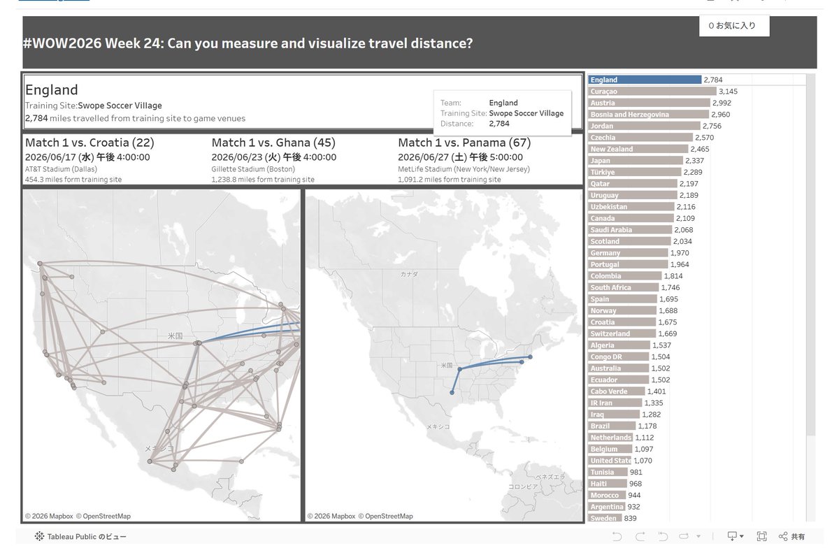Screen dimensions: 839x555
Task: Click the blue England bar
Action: click(x=645, y=80)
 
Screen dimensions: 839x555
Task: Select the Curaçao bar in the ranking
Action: click(x=652, y=92)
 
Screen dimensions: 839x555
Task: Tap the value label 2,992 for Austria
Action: click(x=722, y=103)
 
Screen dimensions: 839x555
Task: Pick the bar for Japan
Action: click(x=636, y=161)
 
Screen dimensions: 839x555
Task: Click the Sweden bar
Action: click(x=605, y=518)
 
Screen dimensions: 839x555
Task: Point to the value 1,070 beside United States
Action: click(x=643, y=461)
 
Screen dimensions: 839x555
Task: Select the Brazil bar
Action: click(x=612, y=426)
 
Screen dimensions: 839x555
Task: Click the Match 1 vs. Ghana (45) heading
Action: click(x=273, y=143)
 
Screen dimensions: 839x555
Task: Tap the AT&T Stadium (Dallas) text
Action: click(x=61, y=169)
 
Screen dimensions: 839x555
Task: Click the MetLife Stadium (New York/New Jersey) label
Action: click(x=464, y=169)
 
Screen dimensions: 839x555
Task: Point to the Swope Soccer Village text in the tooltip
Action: click(x=526, y=113)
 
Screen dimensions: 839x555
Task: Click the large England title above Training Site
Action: click(x=52, y=90)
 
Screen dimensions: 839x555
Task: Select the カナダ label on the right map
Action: click(x=409, y=274)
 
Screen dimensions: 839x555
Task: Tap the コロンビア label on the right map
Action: click(x=523, y=486)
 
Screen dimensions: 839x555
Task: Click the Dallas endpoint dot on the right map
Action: click(x=452, y=392)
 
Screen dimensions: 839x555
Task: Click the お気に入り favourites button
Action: click(x=734, y=25)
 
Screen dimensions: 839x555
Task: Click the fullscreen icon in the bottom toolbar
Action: click(x=761, y=536)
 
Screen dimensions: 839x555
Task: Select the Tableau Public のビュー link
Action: click(x=80, y=536)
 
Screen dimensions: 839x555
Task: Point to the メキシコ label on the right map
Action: click(x=438, y=426)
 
